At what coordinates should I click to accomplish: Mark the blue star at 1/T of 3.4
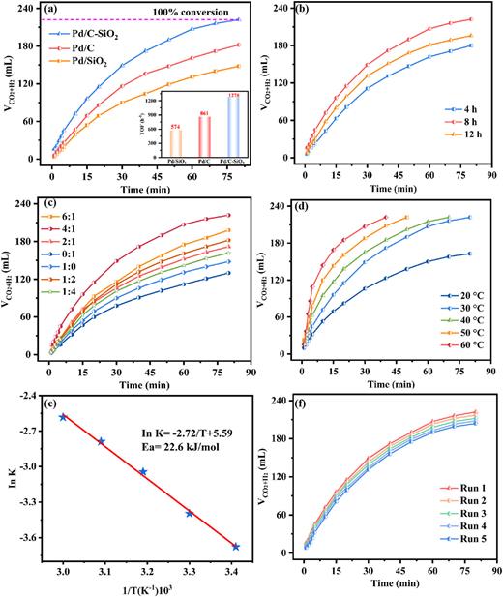(236, 547)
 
